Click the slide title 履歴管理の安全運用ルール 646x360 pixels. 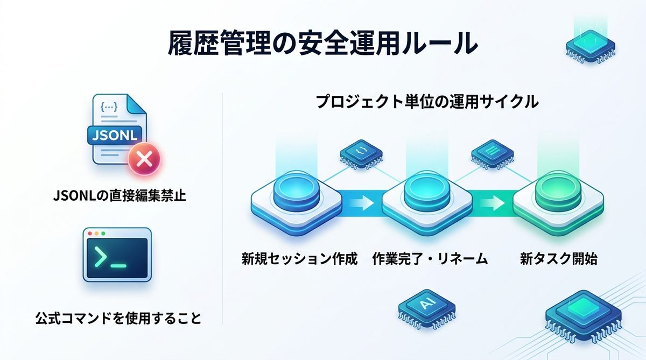click(x=322, y=43)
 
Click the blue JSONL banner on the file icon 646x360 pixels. click(x=115, y=133)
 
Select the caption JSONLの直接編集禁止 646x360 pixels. click(x=120, y=195)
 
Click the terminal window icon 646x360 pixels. click(x=117, y=254)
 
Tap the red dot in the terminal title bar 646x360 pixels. click(x=90, y=234)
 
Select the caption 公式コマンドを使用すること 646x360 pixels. click(x=117, y=319)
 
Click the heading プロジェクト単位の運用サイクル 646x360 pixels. click(x=427, y=101)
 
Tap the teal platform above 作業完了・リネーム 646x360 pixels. click(x=427, y=200)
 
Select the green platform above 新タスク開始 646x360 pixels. click(x=557, y=200)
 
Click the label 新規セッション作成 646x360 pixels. click(x=299, y=259)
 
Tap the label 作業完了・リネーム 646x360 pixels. click(x=430, y=259)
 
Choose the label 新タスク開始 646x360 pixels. click(x=559, y=259)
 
